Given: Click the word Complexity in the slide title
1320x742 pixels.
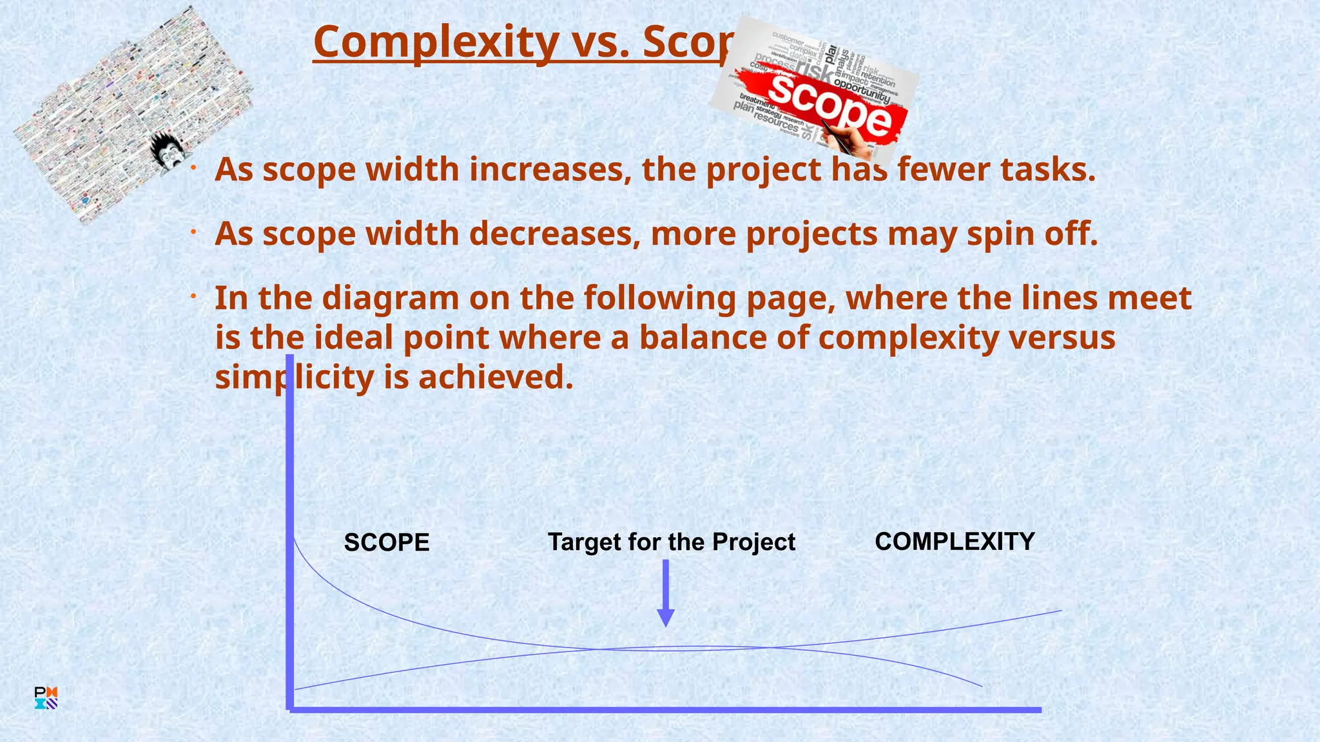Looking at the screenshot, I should click(436, 43).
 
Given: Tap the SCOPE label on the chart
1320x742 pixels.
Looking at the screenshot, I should click(386, 542).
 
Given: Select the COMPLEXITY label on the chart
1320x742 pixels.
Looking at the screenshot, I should click(954, 542).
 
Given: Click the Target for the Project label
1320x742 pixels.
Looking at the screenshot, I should click(671, 542).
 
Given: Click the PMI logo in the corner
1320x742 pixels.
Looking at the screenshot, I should click(46, 698).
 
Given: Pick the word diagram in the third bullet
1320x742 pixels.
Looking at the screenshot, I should click(390, 298).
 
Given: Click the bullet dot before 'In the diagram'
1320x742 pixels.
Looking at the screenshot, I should click(192, 296).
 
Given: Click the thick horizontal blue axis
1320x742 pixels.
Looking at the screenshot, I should click(664, 709).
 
